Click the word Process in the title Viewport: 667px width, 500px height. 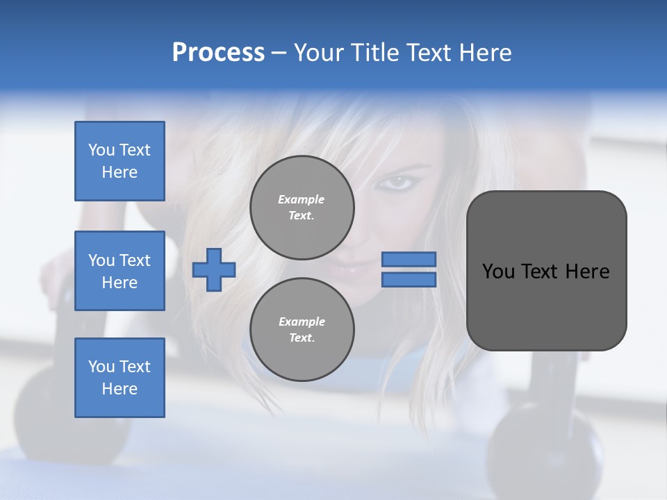[218, 53]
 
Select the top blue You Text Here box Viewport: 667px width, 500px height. [120, 161]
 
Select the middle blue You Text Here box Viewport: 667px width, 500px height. [120, 271]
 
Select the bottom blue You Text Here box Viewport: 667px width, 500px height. [120, 378]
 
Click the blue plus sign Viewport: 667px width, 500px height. [214, 269]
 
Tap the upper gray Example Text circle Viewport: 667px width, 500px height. [302, 208]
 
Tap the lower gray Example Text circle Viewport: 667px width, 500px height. [302, 330]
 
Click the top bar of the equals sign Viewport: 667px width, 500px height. [409, 259]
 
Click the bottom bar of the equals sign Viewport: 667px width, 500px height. [409, 279]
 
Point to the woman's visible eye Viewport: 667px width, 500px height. [398, 183]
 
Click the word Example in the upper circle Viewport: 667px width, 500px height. [302, 199]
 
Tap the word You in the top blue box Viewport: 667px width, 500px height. [101, 150]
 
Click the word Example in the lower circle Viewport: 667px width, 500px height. [302, 322]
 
